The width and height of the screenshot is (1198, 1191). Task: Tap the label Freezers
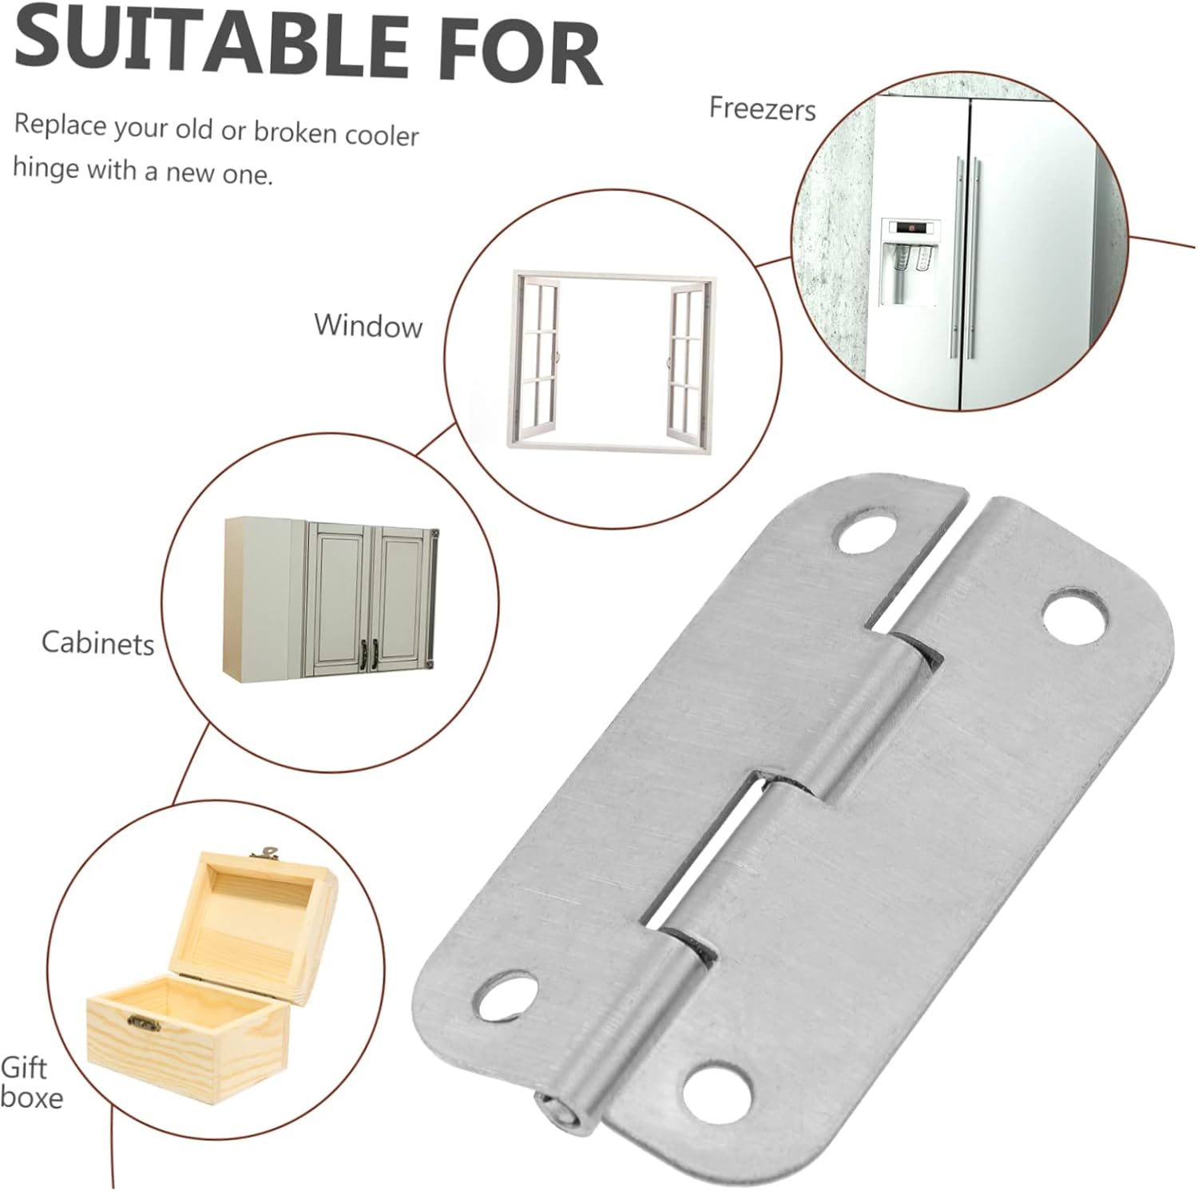pyautogui.click(x=762, y=108)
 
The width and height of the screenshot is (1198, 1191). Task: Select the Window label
pyautogui.click(x=367, y=325)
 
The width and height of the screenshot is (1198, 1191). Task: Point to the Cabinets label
pyautogui.click(x=97, y=643)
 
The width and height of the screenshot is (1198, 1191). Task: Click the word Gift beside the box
pyautogui.click(x=24, y=1067)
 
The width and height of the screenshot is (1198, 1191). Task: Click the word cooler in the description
pyautogui.click(x=381, y=134)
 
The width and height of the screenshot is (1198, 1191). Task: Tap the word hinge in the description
pyautogui.click(x=46, y=167)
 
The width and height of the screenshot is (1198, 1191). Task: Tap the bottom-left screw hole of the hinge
pyautogui.click(x=503, y=995)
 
